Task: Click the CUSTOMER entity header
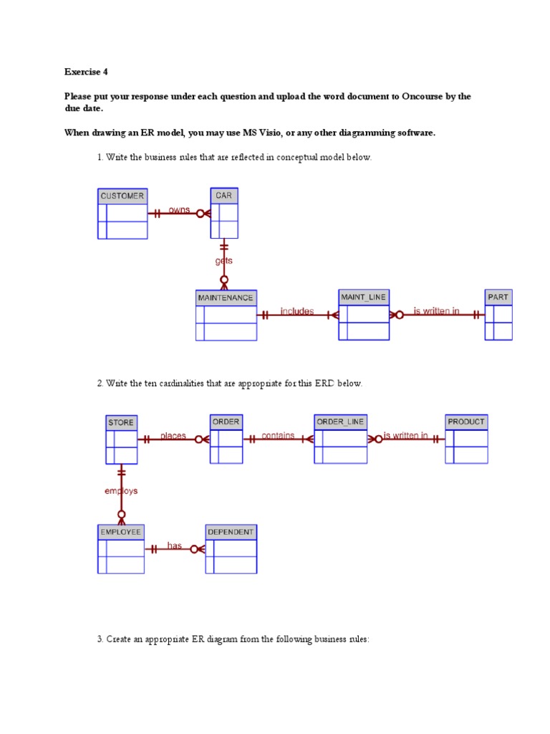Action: pyautogui.click(x=122, y=196)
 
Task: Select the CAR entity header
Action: pyautogui.click(x=224, y=196)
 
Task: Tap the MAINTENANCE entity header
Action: pyautogui.click(x=226, y=297)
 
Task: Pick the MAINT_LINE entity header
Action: pyautogui.click(x=363, y=297)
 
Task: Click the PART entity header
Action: pyautogui.click(x=498, y=297)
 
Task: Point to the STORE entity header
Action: pyautogui.click(x=121, y=423)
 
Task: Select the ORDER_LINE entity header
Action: pyautogui.click(x=340, y=421)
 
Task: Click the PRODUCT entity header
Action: pyautogui.click(x=466, y=421)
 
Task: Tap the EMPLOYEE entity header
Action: pyautogui.click(x=120, y=533)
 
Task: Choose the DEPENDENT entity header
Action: pyautogui.click(x=231, y=533)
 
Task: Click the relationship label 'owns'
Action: pyautogui.click(x=179, y=210)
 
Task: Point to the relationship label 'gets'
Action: pyautogui.click(x=223, y=261)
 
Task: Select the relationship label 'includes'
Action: pyautogui.click(x=297, y=311)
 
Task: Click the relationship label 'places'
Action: pyautogui.click(x=173, y=437)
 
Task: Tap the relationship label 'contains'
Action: pyautogui.click(x=278, y=436)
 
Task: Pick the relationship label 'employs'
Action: pyautogui.click(x=121, y=491)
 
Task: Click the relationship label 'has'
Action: pyautogui.click(x=175, y=545)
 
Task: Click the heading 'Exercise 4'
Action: pyautogui.click(x=86, y=72)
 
